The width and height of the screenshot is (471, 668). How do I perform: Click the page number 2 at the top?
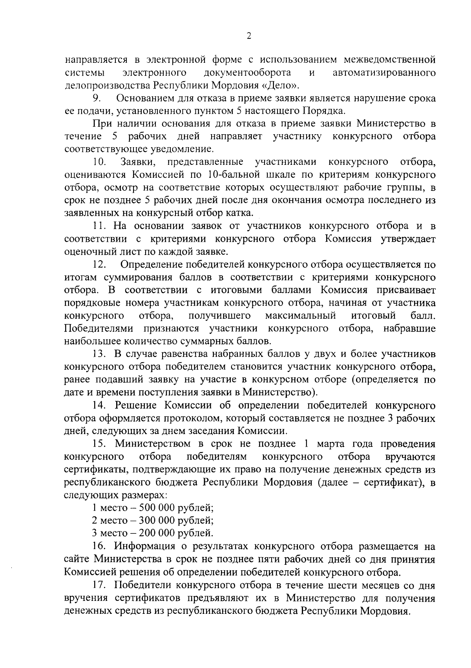[248, 36]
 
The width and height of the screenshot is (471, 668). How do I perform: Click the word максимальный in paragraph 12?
[300, 316]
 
